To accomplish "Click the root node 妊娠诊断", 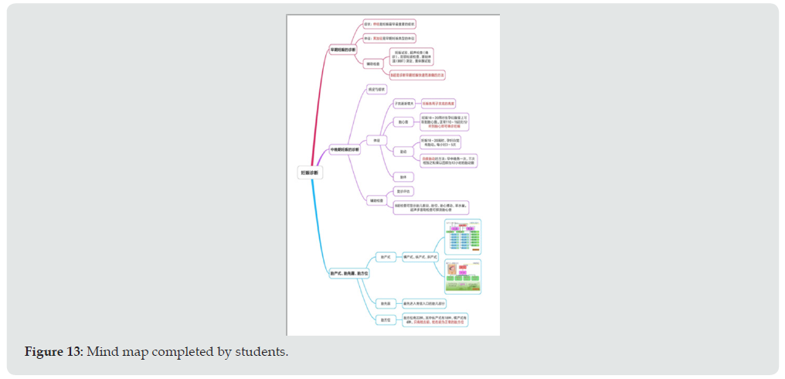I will tap(309, 173).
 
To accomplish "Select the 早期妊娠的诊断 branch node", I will tap(342, 50).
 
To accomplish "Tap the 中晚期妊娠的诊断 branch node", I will tap(344, 149).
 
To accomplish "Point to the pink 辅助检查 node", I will tap(373, 63).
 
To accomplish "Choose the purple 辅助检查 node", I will tap(376, 200).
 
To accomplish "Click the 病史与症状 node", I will tap(376, 90).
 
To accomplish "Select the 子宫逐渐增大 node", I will tap(405, 103).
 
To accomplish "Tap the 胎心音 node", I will tap(403, 121).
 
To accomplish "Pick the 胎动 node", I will tap(403, 150).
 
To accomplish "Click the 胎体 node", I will tap(403, 177).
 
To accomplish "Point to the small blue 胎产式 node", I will tap(384, 256).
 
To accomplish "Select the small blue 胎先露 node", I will tap(384, 302).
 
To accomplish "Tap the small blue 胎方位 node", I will tap(384, 319).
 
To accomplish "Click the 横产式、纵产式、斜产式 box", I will tap(420, 256).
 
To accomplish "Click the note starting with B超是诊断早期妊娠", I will tap(418, 74).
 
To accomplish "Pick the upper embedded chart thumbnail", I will tap(464, 237).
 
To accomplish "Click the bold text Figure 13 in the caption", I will tap(53, 353).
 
